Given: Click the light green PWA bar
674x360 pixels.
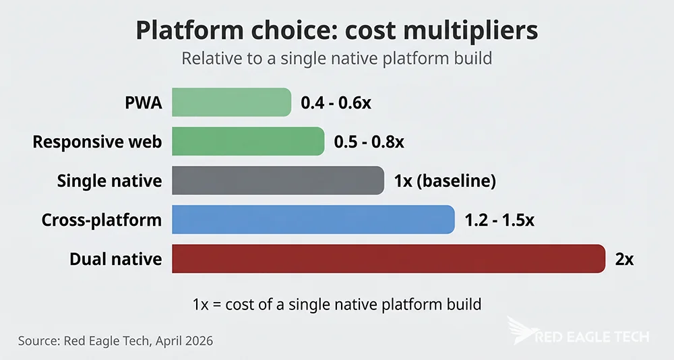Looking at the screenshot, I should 231,102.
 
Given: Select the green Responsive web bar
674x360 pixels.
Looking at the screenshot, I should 248,142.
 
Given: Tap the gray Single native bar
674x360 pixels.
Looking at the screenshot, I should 278,181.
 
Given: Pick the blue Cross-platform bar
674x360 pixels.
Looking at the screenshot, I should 313,220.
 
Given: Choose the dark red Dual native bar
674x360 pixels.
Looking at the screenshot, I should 389,259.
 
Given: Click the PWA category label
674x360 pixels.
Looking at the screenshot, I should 143,103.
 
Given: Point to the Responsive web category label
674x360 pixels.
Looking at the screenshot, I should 97,142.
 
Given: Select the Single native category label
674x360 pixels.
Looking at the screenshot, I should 109,181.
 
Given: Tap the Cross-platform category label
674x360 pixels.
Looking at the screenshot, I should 101,220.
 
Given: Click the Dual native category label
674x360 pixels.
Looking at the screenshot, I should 115,259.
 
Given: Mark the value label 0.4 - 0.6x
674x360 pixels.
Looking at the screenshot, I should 336,103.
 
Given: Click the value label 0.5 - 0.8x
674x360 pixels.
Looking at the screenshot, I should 369,142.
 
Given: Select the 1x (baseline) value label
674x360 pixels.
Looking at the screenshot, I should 445,181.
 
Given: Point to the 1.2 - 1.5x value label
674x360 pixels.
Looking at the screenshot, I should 499,220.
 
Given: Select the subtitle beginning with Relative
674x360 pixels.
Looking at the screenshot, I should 336,59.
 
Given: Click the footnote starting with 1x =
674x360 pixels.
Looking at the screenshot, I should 336,304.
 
